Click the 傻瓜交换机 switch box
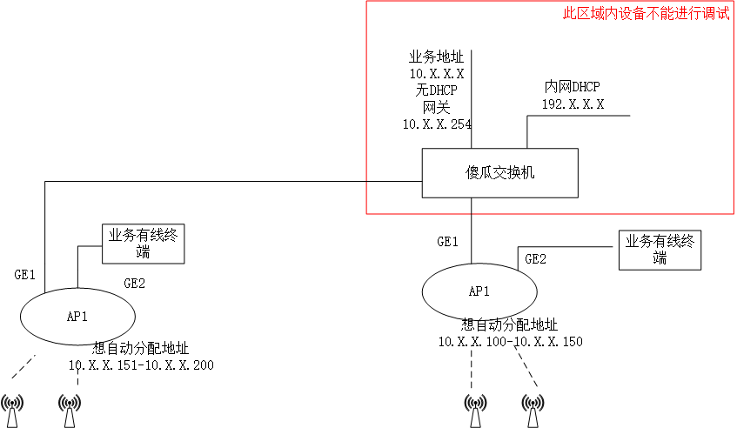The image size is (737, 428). coord(499,172)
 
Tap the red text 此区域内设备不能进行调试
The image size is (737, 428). coord(646,15)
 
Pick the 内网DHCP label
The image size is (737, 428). coord(572,87)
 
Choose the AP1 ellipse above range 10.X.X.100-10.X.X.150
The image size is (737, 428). coord(479,291)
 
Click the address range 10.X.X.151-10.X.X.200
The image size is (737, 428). coord(141,364)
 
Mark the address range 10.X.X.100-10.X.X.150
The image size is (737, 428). coord(510,341)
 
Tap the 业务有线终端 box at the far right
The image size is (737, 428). coord(660,250)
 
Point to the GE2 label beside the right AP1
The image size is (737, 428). coord(536,258)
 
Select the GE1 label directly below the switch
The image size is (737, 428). coord(448,242)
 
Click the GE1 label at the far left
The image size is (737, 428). coord(24,275)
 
